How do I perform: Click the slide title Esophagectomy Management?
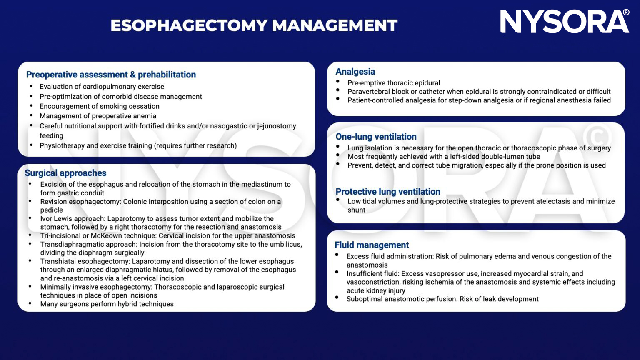254,25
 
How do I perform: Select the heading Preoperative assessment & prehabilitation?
111,75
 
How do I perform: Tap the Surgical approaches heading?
65,173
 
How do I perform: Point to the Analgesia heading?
355,72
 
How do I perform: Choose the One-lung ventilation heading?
376,137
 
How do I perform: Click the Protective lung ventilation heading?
387,192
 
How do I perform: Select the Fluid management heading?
372,245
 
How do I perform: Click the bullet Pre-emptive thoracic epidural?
393,83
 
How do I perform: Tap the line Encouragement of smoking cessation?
99,106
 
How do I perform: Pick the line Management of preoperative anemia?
98,116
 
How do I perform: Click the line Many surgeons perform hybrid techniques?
107,304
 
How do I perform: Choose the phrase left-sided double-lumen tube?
495,157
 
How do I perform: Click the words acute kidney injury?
376,290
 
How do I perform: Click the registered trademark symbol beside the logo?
626,12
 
